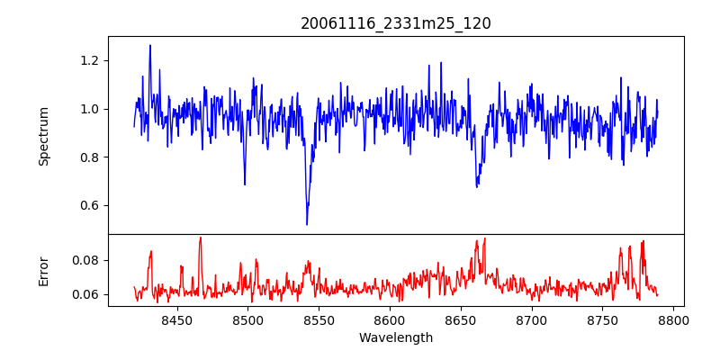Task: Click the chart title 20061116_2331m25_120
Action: point(395,23)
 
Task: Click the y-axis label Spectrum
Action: point(43,136)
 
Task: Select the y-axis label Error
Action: point(43,270)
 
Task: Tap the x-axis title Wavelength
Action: point(395,338)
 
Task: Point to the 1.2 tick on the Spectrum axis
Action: point(91,60)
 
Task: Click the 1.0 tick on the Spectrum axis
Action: point(91,109)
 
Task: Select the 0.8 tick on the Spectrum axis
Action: point(91,157)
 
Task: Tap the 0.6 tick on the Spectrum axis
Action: point(91,205)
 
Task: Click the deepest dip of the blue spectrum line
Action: point(307,224)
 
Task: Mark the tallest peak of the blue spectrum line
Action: point(150,45)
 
